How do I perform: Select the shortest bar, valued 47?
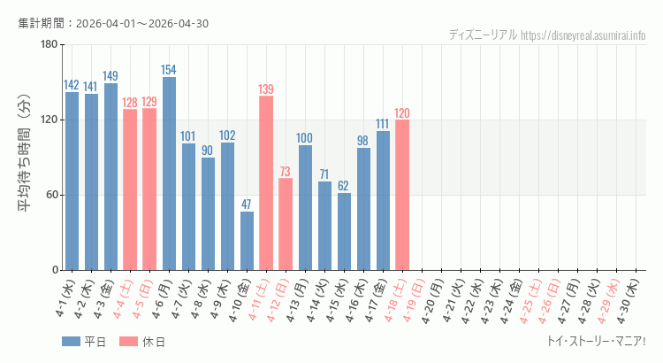click(247, 241)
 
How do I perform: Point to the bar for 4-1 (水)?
click(72, 181)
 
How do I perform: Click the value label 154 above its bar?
click(169, 70)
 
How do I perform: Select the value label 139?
click(266, 89)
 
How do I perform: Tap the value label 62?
click(344, 186)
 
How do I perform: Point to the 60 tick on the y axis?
click(51, 195)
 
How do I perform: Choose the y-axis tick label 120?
click(49, 120)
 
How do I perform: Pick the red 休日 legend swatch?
click(127, 342)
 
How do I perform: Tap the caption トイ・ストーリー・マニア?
click(597, 341)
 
